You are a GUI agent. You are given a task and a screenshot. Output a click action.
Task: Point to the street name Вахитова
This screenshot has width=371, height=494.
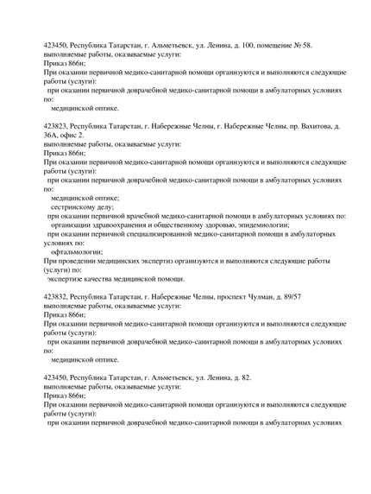pyautogui.click(x=308, y=126)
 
